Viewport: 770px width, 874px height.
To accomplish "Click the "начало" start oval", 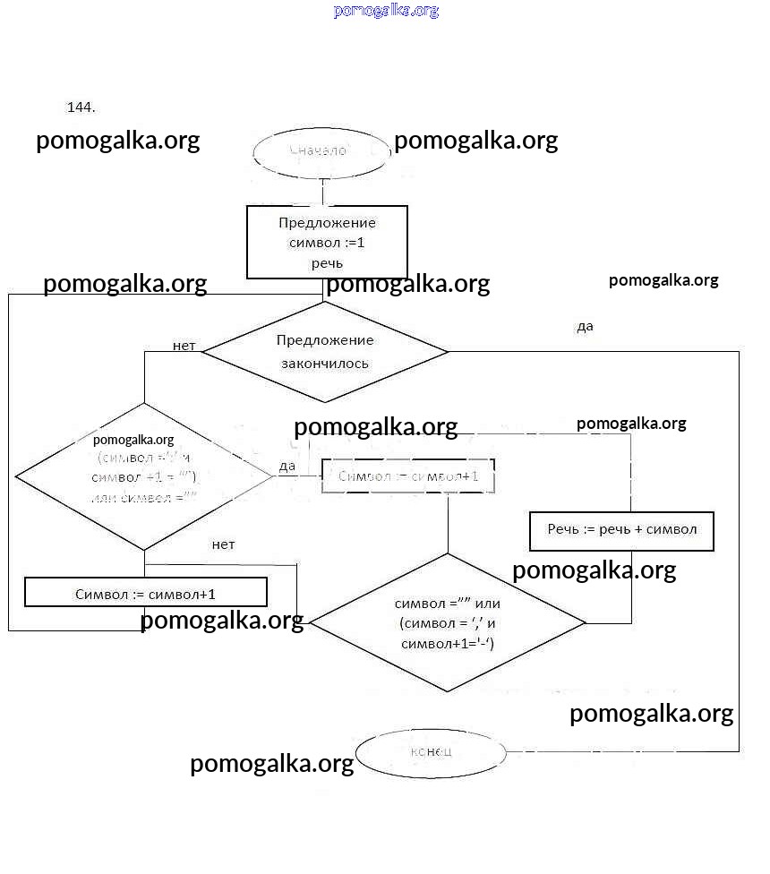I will click(321, 152).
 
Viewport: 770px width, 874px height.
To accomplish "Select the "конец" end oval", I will click(431, 750).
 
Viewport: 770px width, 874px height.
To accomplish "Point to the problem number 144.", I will click(81, 107).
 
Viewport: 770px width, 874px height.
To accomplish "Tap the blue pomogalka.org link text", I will click(386, 11).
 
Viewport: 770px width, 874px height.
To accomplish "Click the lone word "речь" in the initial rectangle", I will click(327, 263).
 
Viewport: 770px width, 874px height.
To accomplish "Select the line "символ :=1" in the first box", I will click(327, 243).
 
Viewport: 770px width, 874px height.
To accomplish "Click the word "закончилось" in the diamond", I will click(325, 364).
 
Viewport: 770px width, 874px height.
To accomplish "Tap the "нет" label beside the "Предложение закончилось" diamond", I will click(184, 346).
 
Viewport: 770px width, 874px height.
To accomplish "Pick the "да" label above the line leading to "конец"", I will click(585, 327).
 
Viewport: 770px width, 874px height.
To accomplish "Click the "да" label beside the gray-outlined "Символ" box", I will click(287, 467).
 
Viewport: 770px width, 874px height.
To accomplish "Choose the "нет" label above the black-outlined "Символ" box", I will click(223, 544).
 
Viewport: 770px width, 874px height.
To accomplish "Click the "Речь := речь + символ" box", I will click(621, 530).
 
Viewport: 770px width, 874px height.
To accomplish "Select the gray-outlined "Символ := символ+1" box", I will click(407, 476).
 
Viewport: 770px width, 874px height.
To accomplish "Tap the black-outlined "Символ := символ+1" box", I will click(146, 593).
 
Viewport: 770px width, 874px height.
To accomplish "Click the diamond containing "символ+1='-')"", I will click(448, 622).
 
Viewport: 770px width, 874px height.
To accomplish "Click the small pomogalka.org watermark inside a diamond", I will click(133, 440).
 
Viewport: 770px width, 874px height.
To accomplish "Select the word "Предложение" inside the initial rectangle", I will click(327, 223).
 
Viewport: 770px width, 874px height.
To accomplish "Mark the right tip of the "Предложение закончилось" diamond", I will click(446, 351).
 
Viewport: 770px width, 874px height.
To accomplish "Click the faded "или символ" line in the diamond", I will click(143, 498).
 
